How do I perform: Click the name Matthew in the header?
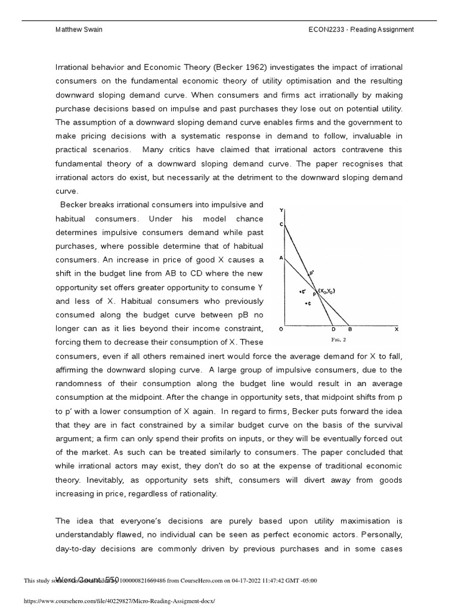66,30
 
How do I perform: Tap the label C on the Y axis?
281,224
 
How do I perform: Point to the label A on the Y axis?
281,258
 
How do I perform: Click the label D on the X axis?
333,329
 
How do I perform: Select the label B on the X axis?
350,329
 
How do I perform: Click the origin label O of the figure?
281,329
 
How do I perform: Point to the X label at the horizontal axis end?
397,329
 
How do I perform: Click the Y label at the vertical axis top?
281,210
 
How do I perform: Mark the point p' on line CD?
311,273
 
